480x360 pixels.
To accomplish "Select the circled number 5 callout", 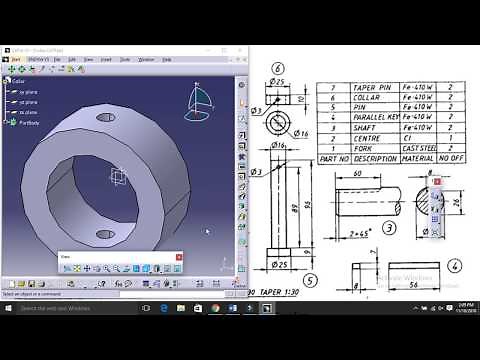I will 311,280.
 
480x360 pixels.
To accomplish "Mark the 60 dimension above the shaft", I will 356,173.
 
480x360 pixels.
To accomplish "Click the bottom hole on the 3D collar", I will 104,233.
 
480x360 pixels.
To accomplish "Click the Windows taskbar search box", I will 70,308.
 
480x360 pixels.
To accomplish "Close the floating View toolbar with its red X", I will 179,257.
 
